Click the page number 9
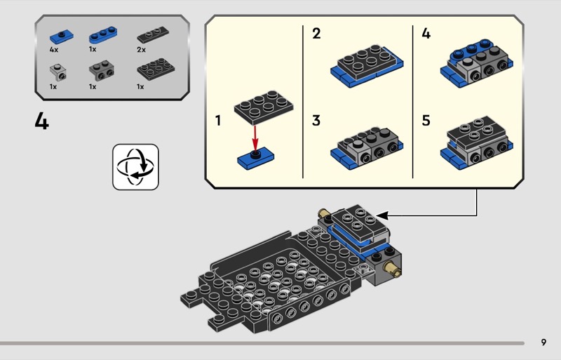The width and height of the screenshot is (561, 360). pos(543,342)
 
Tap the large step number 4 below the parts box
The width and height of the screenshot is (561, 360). pos(42,121)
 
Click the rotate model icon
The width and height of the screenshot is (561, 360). pos(136,166)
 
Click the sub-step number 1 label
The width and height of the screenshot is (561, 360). pos(218,121)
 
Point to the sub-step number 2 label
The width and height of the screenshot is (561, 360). pos(316,33)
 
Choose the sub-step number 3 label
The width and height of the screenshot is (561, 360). pos(316,121)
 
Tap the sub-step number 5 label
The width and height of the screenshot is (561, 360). pos(426,121)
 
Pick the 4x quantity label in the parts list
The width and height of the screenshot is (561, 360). pos(54,51)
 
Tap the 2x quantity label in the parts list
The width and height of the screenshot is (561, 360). pos(142,51)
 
